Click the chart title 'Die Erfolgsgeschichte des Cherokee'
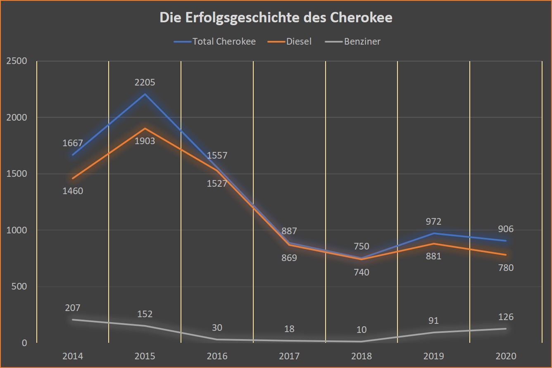[x=276, y=18]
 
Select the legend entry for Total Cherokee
[x=224, y=41]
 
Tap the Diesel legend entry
[x=299, y=41]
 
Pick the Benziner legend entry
[x=362, y=41]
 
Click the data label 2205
[x=145, y=82]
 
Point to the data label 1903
[x=145, y=141]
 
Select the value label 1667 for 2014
[x=73, y=143]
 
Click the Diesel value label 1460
[x=73, y=191]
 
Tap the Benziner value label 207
[x=73, y=308]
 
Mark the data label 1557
[x=217, y=156]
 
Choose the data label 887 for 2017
[x=289, y=231]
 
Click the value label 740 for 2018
[x=362, y=272]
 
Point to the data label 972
[x=433, y=221]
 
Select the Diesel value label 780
[x=506, y=268]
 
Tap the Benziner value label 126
[x=506, y=317]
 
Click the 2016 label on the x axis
[x=217, y=356]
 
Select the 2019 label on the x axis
[x=433, y=356]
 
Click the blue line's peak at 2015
[x=145, y=94]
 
